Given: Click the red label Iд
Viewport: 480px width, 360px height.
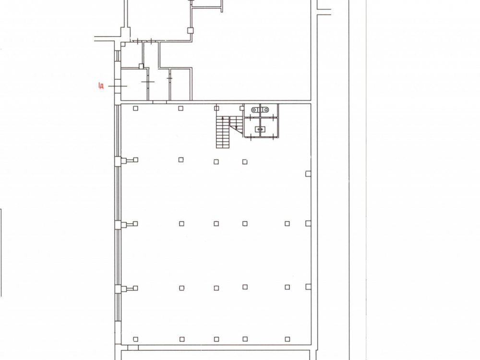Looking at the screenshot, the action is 101,86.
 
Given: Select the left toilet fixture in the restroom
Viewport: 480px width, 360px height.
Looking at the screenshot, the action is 255,109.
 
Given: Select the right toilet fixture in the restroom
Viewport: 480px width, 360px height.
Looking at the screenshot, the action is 265,109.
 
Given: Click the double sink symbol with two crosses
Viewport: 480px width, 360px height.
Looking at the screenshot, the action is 260,130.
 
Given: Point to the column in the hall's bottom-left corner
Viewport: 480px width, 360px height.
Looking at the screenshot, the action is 136,339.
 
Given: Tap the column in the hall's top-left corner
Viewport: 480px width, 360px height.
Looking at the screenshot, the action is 136,108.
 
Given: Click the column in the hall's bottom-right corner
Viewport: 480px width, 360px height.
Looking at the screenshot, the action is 288,339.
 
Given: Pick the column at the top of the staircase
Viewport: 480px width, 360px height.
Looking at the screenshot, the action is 217,108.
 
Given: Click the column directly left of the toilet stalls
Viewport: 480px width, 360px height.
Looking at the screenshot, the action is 242,108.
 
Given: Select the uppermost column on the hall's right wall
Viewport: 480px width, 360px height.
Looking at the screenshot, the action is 308,174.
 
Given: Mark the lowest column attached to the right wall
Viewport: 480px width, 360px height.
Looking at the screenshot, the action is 308,287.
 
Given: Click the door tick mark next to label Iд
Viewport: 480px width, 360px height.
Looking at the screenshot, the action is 118,86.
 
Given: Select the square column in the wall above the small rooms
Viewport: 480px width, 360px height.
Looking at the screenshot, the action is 191,30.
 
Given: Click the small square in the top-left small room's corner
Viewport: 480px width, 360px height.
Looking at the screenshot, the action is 123,44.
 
